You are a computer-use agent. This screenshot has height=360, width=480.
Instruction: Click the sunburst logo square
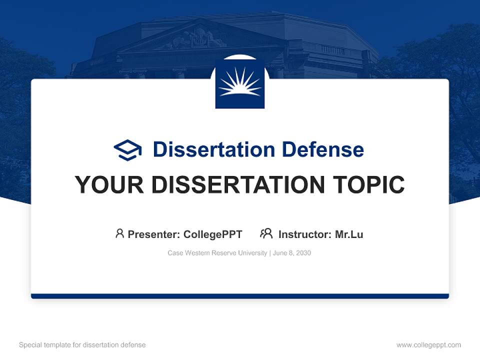click(x=240, y=84)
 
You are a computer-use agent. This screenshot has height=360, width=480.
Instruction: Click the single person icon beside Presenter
click(x=119, y=233)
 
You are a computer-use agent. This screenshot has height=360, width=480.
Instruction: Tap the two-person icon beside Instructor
click(x=266, y=233)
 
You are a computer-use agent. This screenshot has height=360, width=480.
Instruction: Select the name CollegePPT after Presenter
click(x=213, y=234)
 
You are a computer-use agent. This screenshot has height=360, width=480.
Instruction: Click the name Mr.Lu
click(x=349, y=234)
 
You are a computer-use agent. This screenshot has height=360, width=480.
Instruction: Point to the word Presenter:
click(x=154, y=234)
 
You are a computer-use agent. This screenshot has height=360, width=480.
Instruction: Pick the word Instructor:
click(x=304, y=234)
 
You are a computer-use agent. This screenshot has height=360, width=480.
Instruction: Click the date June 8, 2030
click(x=292, y=253)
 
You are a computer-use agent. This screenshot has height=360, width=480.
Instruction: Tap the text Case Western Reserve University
click(x=217, y=253)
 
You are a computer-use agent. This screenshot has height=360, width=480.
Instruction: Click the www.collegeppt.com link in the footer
click(x=428, y=345)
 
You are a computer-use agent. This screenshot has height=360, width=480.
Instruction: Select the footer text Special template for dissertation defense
click(x=82, y=345)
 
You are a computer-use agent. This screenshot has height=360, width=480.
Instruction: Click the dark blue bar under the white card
click(x=240, y=296)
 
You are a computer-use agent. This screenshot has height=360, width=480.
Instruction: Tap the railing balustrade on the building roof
click(x=332, y=49)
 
